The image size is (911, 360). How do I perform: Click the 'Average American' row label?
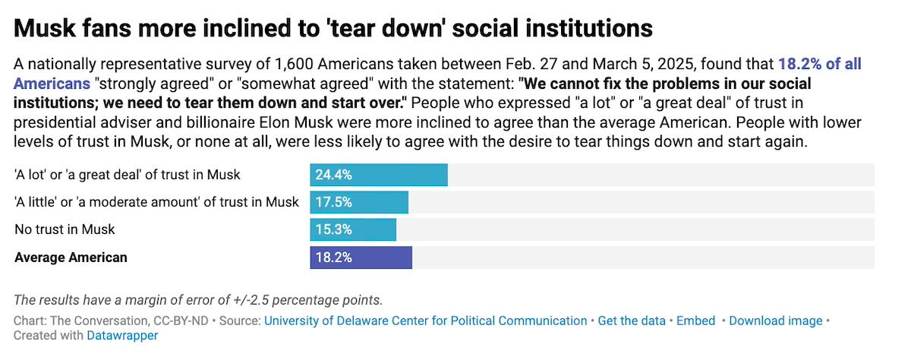click(71, 257)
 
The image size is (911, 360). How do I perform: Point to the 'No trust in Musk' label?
click(65, 229)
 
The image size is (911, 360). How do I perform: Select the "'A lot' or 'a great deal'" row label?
click(128, 175)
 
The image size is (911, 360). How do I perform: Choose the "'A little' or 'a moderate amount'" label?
click(156, 202)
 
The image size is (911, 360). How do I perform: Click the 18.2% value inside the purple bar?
click(333, 257)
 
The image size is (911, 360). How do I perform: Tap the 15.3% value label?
click(333, 229)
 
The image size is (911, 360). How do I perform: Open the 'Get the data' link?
click(632, 321)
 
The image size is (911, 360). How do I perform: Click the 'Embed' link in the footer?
click(696, 321)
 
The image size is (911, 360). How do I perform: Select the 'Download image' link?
click(775, 321)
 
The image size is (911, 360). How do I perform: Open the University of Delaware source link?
click(425, 321)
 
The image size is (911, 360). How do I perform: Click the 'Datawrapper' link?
click(122, 335)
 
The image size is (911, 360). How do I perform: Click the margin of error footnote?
click(198, 299)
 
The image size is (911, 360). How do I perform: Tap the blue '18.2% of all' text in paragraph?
click(819, 65)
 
